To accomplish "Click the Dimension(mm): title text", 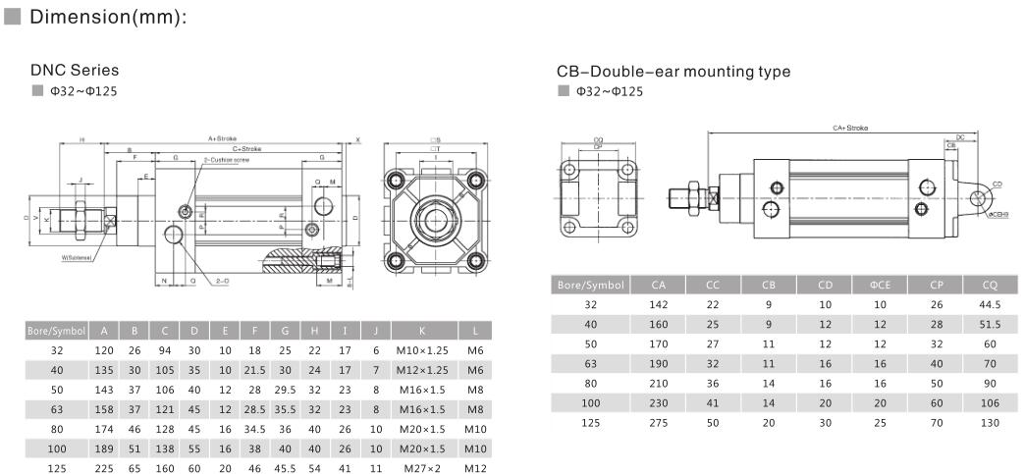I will pyautogui.click(x=108, y=18).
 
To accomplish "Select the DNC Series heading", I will pyautogui.click(x=75, y=71).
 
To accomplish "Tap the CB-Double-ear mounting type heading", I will pyautogui.click(x=673, y=72).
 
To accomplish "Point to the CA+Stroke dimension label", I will pyautogui.click(x=850, y=128).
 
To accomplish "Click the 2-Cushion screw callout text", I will pyautogui.click(x=227, y=158).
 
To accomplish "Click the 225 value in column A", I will pyautogui.click(x=103, y=468).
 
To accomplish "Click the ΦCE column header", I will pyautogui.click(x=879, y=285).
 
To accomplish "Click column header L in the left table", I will pyautogui.click(x=475, y=330).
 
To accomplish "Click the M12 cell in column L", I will pyautogui.click(x=475, y=468).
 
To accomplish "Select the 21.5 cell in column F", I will pyautogui.click(x=254, y=369).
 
